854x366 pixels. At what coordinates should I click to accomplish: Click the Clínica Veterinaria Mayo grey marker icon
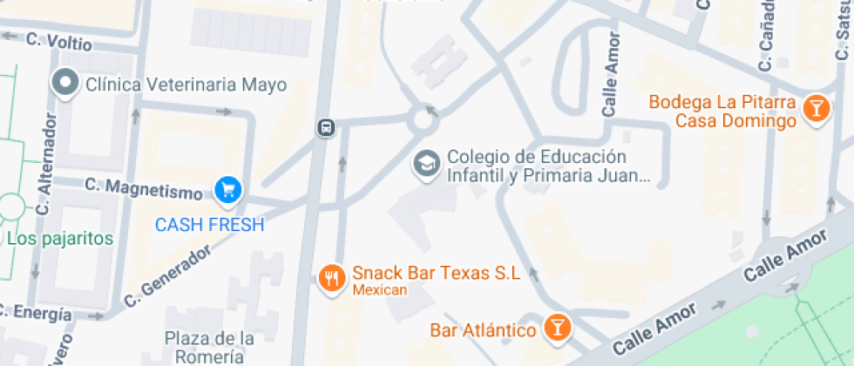click(x=65, y=85)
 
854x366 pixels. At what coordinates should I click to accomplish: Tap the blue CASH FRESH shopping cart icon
click(x=228, y=189)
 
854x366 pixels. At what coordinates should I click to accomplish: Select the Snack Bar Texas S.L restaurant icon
click(x=331, y=278)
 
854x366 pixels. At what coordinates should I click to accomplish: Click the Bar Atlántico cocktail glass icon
click(x=555, y=328)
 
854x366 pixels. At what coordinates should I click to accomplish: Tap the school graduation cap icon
click(x=426, y=163)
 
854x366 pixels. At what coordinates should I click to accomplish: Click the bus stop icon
click(x=326, y=127)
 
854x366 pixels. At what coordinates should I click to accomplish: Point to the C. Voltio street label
click(x=58, y=39)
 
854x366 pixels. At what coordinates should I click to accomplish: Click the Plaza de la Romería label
click(x=209, y=347)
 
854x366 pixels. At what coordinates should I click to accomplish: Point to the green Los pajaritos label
click(x=60, y=238)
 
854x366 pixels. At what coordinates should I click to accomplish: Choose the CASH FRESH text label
click(x=209, y=225)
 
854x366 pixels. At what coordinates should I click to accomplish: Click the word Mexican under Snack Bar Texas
click(x=379, y=290)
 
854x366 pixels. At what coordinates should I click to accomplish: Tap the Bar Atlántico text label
click(x=483, y=330)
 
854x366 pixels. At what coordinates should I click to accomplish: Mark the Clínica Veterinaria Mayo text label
click(x=186, y=85)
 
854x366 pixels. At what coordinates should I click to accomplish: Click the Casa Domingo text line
click(x=735, y=121)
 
